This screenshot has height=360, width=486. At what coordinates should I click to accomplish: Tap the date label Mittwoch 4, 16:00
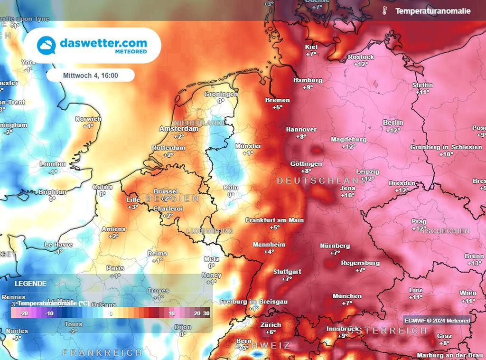click(91, 75)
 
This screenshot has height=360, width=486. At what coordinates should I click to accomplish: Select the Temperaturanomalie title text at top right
click(432, 10)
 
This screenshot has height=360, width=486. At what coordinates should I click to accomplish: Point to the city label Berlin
click(393, 123)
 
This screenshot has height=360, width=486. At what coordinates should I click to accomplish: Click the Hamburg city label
click(308, 80)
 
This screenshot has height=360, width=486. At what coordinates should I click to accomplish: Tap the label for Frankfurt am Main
click(274, 220)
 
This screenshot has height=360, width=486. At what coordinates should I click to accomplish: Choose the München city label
click(347, 296)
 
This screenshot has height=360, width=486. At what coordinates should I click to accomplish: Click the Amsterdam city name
click(178, 129)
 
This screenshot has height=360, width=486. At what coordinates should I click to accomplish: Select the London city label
click(53, 164)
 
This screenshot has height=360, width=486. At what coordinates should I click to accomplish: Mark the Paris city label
click(115, 268)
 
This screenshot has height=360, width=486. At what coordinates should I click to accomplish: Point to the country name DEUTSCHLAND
click(321, 180)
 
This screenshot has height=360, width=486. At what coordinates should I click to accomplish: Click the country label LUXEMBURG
click(210, 231)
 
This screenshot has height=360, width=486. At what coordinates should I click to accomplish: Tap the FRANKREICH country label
click(103, 352)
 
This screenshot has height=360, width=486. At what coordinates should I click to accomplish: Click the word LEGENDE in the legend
click(30, 284)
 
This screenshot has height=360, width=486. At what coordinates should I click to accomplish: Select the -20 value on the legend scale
click(24, 313)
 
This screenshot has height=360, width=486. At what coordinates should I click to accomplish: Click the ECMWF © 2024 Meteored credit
click(437, 321)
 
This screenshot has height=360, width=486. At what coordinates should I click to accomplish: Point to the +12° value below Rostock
click(361, 64)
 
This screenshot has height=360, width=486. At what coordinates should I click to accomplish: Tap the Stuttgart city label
click(287, 272)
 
